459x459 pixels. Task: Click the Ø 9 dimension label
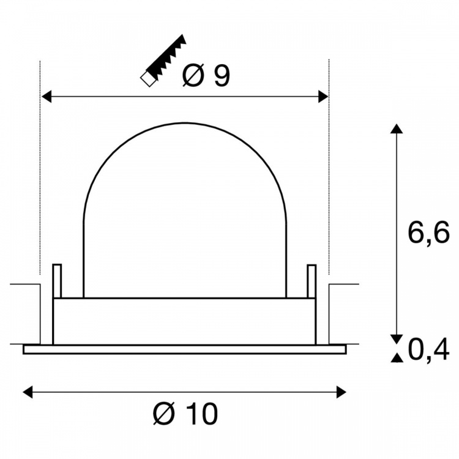point(206,75)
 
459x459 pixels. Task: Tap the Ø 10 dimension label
point(185,413)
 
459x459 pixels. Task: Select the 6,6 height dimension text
point(428,233)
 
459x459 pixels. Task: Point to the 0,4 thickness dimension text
point(428,350)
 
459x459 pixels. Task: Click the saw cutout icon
point(163,61)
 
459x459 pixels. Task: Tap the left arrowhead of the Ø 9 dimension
point(47,97)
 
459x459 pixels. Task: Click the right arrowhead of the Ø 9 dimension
point(323,97)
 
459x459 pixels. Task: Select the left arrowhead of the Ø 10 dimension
point(28,392)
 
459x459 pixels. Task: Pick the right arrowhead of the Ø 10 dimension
point(341,392)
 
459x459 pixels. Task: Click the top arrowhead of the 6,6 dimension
point(397,129)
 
